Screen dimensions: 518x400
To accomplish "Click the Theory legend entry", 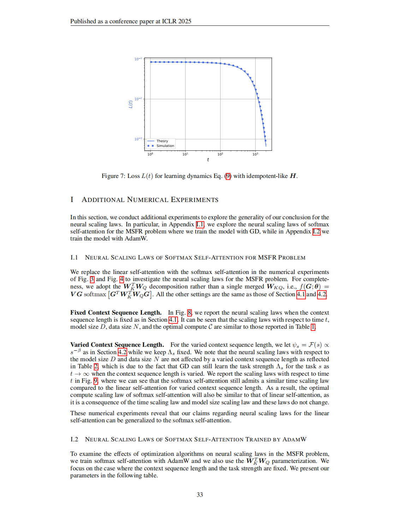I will (162, 141).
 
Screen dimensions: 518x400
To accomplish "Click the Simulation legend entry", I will (165, 146).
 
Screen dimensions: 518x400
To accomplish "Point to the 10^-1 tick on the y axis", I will (138, 59).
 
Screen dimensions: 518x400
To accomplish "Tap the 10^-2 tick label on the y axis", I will (138, 99).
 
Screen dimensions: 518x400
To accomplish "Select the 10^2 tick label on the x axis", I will (220, 154).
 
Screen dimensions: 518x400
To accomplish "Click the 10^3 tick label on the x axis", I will (255, 154).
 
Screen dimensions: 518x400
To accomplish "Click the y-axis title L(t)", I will (130, 104).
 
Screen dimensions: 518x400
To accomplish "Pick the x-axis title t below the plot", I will (208, 160).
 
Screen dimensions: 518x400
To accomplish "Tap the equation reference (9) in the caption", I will (228, 176).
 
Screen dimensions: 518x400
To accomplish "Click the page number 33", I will (200, 495).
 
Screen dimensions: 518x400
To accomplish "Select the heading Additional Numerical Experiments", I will (150, 200).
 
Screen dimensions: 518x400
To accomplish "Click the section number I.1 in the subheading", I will (74, 257).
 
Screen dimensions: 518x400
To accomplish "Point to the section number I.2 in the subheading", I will (74, 439).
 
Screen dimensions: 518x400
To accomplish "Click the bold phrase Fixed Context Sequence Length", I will (115, 312).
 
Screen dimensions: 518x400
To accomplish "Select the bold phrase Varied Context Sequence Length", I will (117, 345).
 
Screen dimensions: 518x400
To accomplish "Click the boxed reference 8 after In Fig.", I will (189, 312).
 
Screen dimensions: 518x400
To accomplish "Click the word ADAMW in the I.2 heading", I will (294, 439).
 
